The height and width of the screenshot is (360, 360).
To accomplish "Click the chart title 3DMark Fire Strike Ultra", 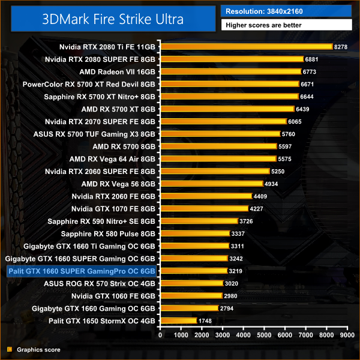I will pyautogui.click(x=111, y=18).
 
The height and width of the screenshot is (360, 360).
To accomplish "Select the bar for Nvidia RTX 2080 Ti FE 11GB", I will pyautogui.click(x=246, y=46).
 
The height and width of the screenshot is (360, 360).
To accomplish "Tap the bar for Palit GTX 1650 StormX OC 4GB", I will pyautogui.click(x=178, y=321).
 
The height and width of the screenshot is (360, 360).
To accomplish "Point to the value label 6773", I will pyautogui.click(x=310, y=71).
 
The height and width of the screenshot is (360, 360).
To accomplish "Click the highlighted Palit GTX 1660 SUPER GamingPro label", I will pyautogui.click(x=81, y=271).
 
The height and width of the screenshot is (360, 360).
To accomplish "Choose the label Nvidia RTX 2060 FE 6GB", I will pyautogui.click(x=113, y=196).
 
